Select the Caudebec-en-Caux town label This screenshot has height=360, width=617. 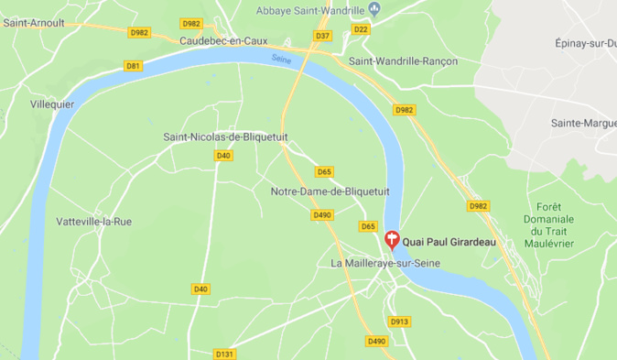pyautogui.click(x=223, y=41)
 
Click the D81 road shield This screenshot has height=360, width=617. pyautogui.click(x=134, y=66)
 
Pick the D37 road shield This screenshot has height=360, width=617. pyautogui.click(x=322, y=36)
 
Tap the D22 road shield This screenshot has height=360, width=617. pyautogui.click(x=361, y=29)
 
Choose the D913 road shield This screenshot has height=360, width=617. pyautogui.click(x=400, y=322)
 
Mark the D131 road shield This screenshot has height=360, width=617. pyautogui.click(x=225, y=354)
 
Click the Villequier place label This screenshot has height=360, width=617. pyautogui.click(x=51, y=104)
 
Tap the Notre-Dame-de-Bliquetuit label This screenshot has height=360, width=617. pyautogui.click(x=330, y=191)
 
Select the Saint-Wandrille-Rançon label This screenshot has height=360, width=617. pyautogui.click(x=403, y=61)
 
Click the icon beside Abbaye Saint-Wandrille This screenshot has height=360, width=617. pyautogui.click(x=373, y=10)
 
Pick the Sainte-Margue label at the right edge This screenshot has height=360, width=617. pyautogui.click(x=582, y=123)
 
